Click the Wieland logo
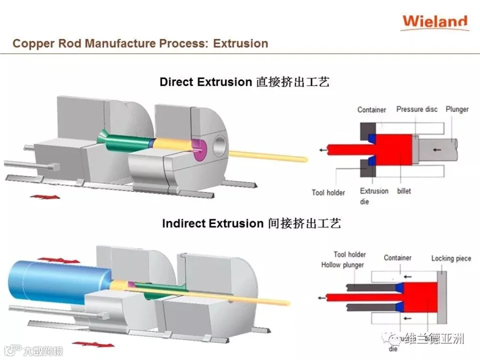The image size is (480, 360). (x=435, y=22)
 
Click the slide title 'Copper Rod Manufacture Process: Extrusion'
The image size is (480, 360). (x=140, y=43)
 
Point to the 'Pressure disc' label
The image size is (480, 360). (x=417, y=109)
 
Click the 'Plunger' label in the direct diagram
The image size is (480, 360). (x=457, y=109)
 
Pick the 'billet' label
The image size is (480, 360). (x=404, y=191)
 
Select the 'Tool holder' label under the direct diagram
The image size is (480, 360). (x=328, y=193)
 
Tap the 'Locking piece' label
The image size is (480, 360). (x=451, y=259)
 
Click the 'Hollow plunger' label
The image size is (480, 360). (x=342, y=265)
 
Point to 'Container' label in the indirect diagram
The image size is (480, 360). (x=397, y=258)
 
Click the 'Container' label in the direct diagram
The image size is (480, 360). (x=371, y=109)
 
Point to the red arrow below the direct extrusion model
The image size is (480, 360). (x=45, y=197)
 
